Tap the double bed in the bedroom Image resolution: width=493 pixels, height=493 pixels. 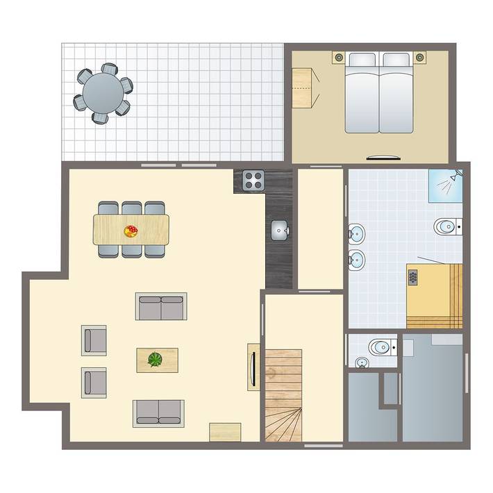379,94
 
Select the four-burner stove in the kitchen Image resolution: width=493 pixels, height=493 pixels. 253,181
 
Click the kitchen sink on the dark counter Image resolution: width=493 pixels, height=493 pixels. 279,229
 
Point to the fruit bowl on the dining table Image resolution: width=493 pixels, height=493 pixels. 131,230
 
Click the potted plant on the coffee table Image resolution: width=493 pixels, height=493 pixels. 156,360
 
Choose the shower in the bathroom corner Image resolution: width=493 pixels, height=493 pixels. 445,185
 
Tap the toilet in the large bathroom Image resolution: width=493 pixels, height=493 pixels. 446,226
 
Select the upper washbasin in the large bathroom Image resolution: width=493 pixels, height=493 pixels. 356,232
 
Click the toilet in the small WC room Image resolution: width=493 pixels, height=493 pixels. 381,346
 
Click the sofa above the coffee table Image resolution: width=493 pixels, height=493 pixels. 161,306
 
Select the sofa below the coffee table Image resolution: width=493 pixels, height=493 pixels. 158,412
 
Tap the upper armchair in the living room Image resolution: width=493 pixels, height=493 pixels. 94,340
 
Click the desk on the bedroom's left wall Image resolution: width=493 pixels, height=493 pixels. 302,87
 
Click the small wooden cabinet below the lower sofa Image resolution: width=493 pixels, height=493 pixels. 225,431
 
